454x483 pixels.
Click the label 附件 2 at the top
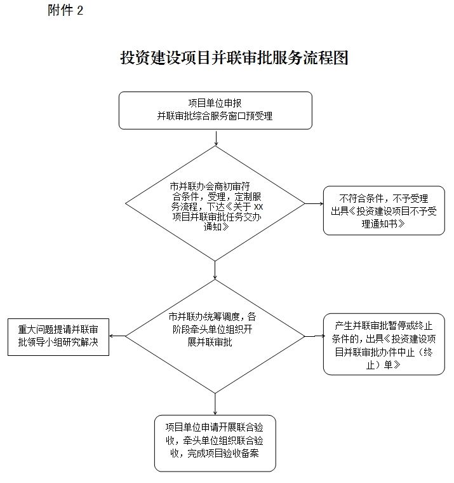tap(65, 11)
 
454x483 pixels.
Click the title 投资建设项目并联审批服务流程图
tap(234, 58)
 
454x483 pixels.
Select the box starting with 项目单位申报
tap(215, 111)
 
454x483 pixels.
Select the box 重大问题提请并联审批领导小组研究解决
tap(58, 336)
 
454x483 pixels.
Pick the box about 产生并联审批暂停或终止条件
tap(384, 344)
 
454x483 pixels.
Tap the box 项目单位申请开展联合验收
tap(215, 443)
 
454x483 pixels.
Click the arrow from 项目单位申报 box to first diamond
tap(216, 138)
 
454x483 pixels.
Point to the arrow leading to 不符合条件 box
tap(314, 204)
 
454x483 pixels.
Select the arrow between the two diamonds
tap(216, 271)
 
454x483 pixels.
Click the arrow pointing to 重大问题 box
tap(117, 336)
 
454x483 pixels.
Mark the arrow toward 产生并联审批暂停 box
tap(314, 336)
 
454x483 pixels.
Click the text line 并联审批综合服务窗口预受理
tap(215, 116)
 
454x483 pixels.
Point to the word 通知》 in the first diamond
tap(216, 227)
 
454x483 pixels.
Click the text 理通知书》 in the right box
tap(384, 224)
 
